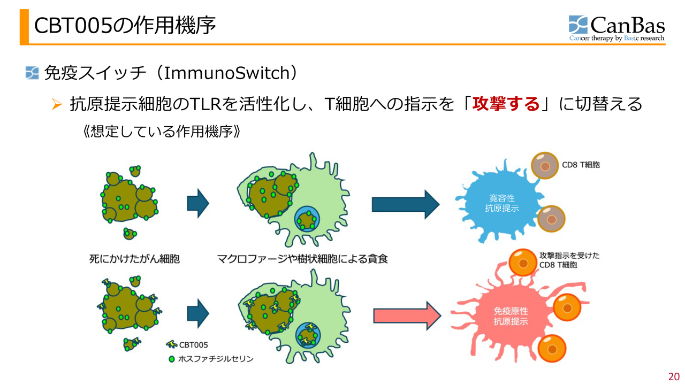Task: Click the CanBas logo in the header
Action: click(616, 28)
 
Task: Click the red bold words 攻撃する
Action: click(506, 103)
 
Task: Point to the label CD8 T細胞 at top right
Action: click(581, 165)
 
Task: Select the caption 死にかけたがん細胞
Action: click(134, 259)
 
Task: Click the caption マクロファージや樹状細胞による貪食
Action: click(302, 259)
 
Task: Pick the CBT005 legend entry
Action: click(187, 345)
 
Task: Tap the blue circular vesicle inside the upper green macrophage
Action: click(307, 219)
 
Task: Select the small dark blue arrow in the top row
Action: click(197, 204)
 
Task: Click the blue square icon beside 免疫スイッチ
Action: click(32, 73)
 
